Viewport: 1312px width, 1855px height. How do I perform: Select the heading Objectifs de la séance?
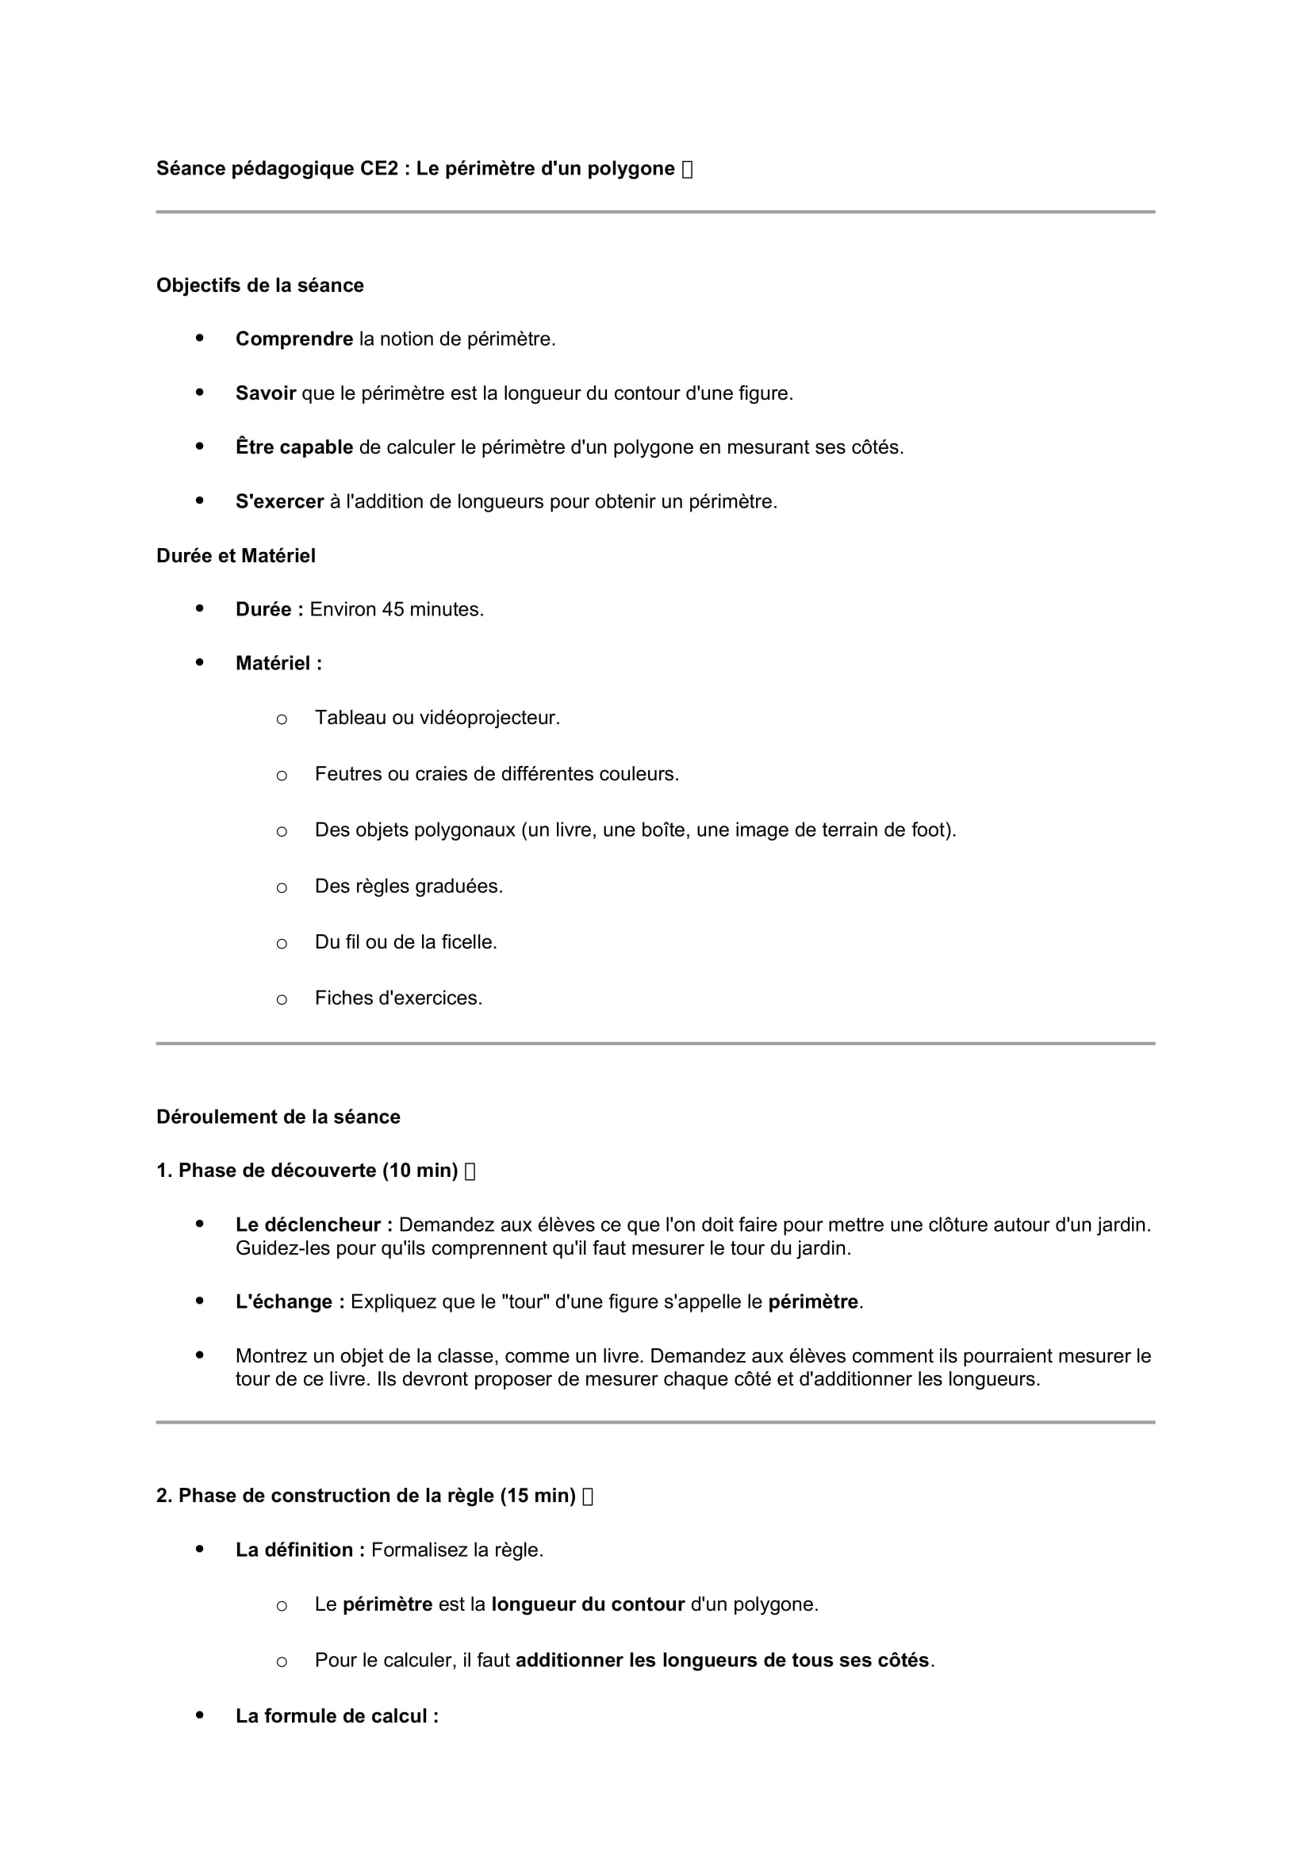(260, 286)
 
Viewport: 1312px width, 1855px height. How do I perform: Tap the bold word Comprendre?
(294, 339)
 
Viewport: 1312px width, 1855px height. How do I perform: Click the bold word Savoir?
(266, 393)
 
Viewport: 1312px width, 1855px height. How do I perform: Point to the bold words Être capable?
(294, 447)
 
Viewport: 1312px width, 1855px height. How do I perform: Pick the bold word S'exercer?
(279, 502)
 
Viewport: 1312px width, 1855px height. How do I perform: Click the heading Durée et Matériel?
(236, 556)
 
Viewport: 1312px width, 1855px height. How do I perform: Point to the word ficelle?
(470, 942)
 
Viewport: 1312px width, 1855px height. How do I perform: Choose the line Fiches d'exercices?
(398, 998)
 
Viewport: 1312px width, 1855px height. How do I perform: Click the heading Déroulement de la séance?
(278, 1117)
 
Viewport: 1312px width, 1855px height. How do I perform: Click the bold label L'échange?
(290, 1301)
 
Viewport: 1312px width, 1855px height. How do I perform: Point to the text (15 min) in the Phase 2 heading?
(537, 1496)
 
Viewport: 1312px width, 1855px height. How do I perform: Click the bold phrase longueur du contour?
(587, 1604)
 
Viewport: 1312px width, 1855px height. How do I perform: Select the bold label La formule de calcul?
(337, 1716)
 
